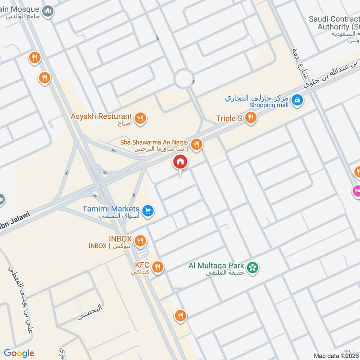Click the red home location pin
pyautogui.click(x=180, y=162)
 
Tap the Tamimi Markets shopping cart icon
pyautogui.click(x=147, y=210)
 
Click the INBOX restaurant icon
pyautogui.click(x=140, y=241)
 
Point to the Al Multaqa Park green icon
pyautogui.click(x=254, y=267)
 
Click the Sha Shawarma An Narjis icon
pyautogui.click(x=196, y=144)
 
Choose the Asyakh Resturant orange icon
pyautogui.click(x=140, y=118)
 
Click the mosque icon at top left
pyautogui.click(x=48, y=11)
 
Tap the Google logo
pyautogui.click(x=19, y=353)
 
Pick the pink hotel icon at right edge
pyautogui.click(x=357, y=191)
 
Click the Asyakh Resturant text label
pyautogui.click(x=101, y=117)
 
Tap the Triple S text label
pyautogui.click(x=229, y=118)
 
